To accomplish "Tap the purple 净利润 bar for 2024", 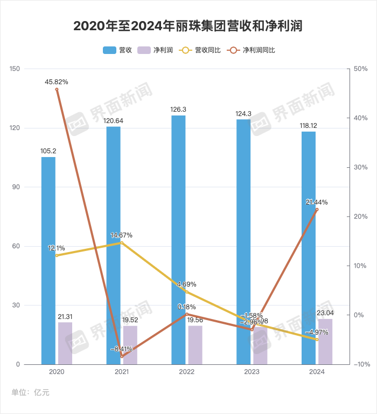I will [x=325, y=342].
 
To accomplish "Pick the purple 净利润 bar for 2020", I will [x=65, y=343].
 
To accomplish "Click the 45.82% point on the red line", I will [x=57, y=90].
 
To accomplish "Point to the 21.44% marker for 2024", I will [x=317, y=209].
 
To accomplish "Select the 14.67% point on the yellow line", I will [x=122, y=243].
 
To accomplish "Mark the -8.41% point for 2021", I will [x=122, y=356].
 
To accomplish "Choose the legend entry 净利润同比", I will [x=251, y=50].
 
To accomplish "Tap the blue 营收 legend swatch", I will [x=109, y=50].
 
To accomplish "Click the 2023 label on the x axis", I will [x=252, y=372].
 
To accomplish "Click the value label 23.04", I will [x=325, y=313].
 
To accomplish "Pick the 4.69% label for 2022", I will [x=186, y=284].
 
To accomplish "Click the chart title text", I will [x=188, y=26].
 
